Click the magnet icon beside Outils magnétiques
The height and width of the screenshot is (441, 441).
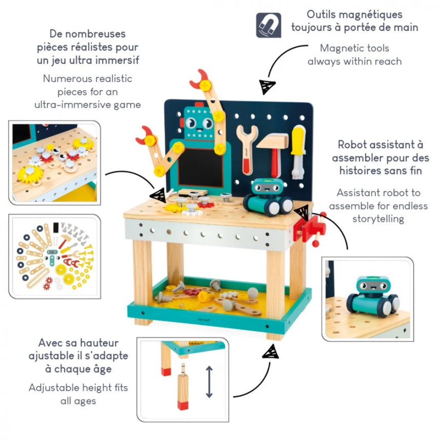click(269, 25)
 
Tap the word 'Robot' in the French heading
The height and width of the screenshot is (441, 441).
click(351, 145)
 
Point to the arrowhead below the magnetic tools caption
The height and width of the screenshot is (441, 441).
click(267, 86)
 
